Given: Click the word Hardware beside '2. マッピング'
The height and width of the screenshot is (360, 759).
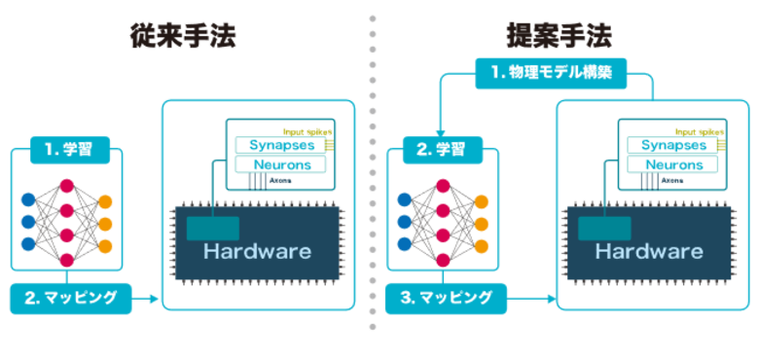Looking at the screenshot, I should [x=257, y=251].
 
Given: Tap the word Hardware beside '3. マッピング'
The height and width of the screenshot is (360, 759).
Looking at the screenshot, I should [x=649, y=251].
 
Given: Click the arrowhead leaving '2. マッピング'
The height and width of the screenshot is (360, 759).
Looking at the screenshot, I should [x=153, y=298].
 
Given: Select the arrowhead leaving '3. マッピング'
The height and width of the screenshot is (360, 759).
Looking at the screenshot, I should [x=549, y=298].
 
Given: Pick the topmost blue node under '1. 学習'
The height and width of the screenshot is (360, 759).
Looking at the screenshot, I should [x=27, y=199].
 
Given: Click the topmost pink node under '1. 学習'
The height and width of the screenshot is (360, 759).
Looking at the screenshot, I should [x=66, y=185].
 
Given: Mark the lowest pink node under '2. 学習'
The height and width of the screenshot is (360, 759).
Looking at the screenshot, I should [x=442, y=260].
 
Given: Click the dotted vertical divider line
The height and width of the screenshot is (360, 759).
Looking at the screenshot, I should [x=371, y=175].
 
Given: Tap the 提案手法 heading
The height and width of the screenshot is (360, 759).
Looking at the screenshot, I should [x=559, y=36].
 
